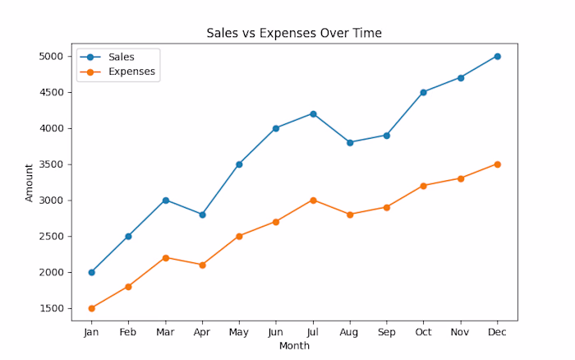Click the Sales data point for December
(497, 56)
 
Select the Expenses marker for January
(91, 308)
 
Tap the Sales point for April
(202, 215)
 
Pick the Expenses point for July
(313, 200)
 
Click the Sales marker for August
(350, 142)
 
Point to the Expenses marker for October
(423, 186)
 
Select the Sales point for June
(276, 128)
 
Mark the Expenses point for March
(165, 257)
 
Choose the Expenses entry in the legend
(131, 72)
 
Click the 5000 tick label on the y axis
(51, 57)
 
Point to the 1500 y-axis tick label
(51, 308)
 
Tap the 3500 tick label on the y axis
(51, 164)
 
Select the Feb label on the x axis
(128, 331)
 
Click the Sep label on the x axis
(386, 331)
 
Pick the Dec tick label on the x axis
(497, 331)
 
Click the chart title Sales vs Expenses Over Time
(294, 33)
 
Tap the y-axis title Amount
(30, 182)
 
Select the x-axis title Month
(294, 346)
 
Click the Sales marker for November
(460, 78)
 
